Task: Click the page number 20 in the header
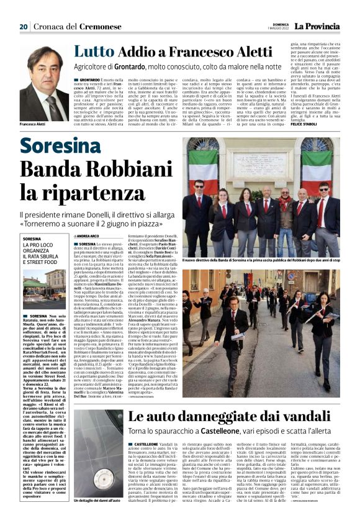point(24,27)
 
